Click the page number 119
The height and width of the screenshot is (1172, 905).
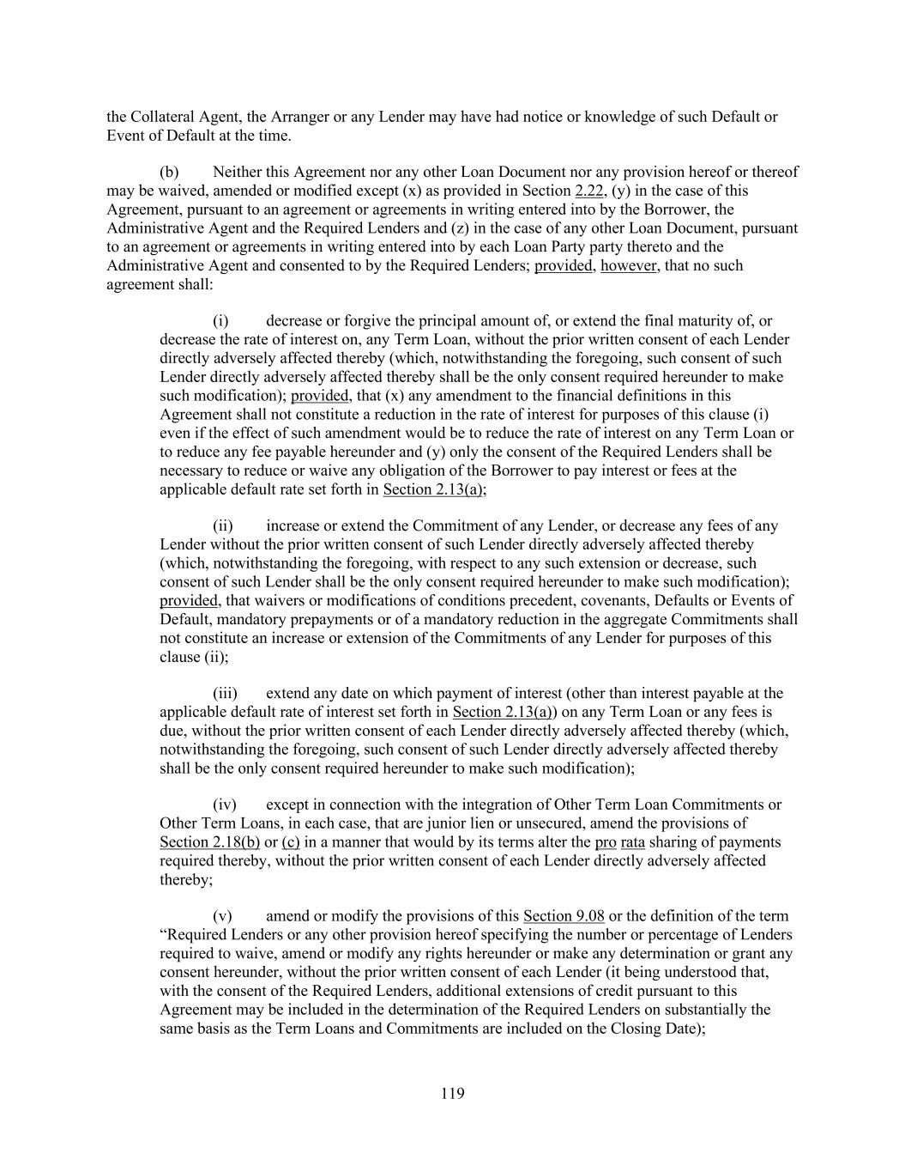[452, 1093]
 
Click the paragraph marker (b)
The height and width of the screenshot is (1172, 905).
[169, 172]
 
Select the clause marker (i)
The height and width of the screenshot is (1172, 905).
[220, 321]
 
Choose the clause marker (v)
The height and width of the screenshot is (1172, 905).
[221, 916]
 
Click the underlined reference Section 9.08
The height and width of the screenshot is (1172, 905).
[564, 916]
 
